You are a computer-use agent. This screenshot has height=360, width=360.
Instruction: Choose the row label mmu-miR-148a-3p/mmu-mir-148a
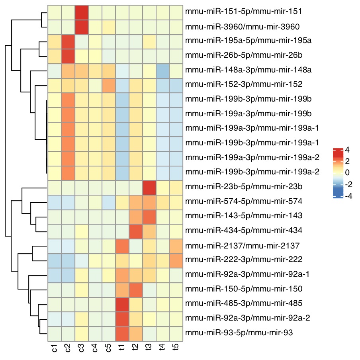243,70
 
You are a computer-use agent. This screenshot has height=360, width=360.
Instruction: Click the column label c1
55,349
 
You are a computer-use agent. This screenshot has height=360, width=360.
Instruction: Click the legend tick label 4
348,150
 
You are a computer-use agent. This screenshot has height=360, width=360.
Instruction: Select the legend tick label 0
348,173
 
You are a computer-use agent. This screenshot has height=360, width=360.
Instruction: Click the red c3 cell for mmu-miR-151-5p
82,12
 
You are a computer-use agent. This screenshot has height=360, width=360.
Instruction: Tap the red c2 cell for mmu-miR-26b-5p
68,56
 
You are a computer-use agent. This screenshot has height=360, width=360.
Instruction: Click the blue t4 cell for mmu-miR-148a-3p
162,70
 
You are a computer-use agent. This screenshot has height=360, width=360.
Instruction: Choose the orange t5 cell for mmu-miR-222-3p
176,260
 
